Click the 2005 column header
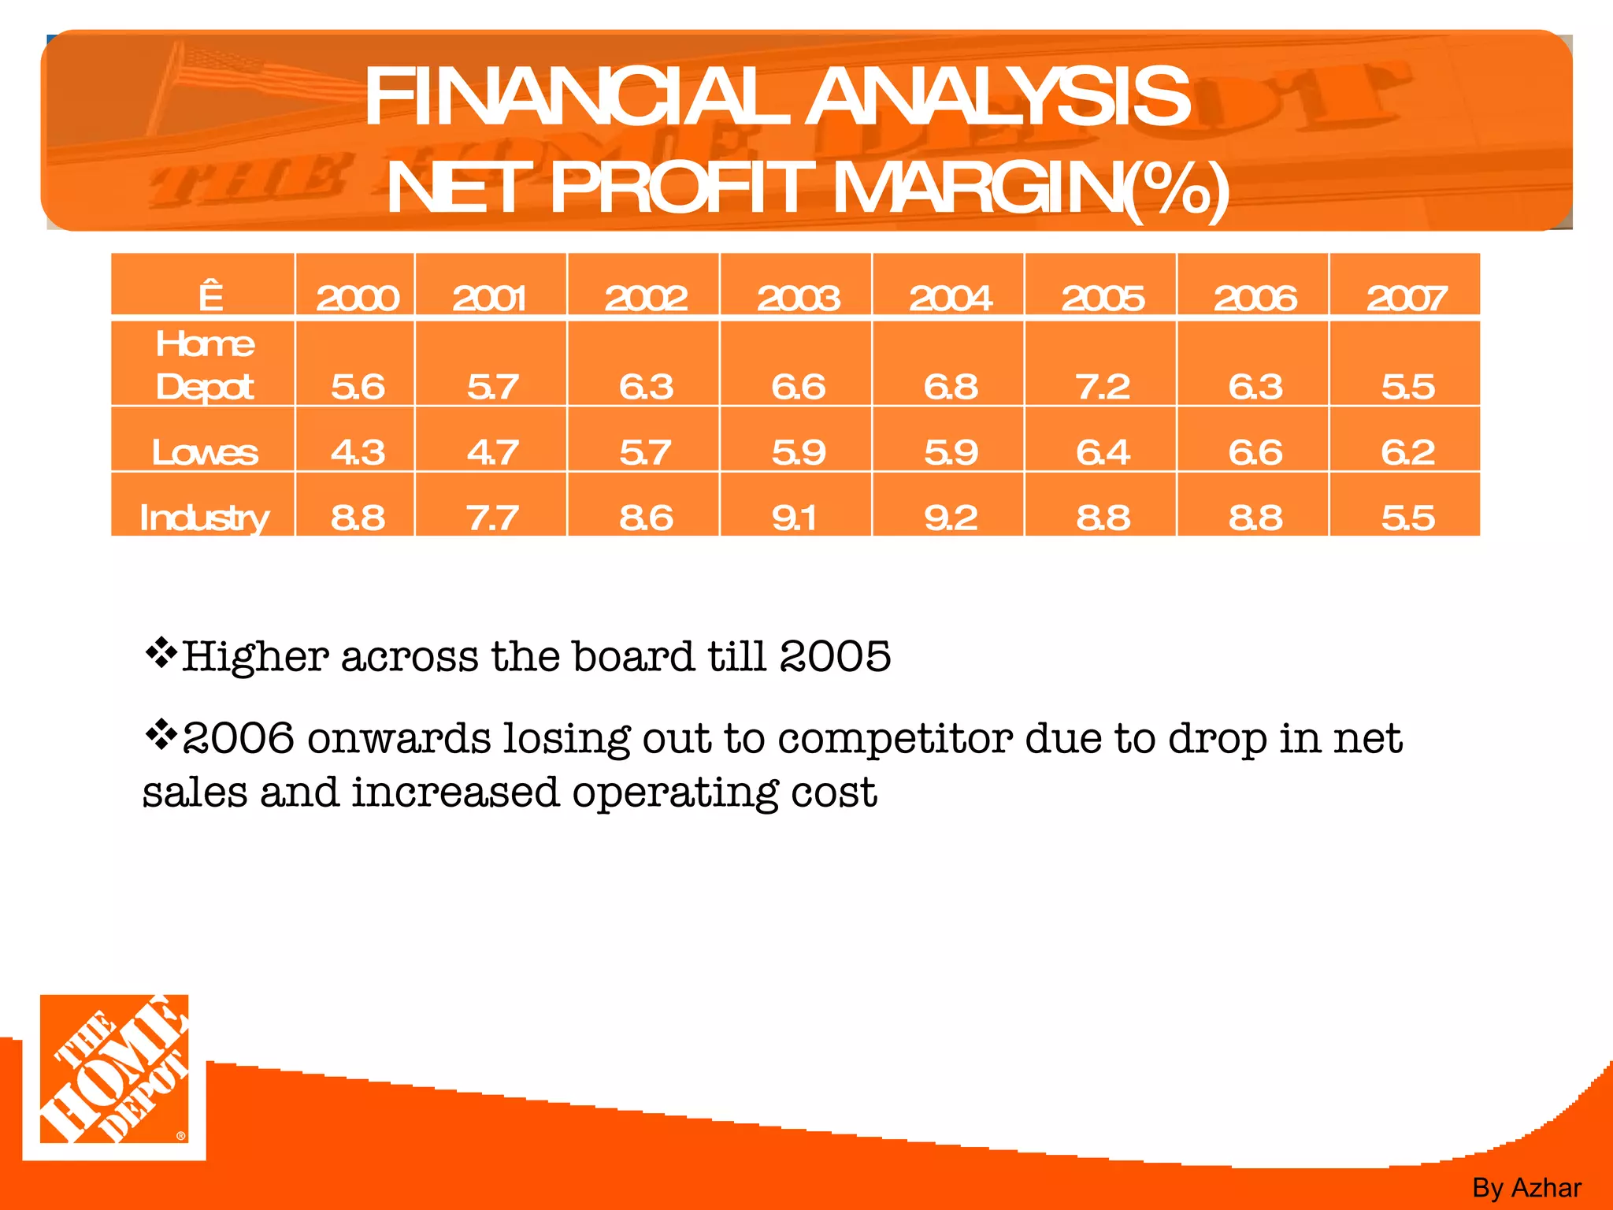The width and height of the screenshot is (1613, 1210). click(1103, 299)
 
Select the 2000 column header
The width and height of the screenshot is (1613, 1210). click(358, 299)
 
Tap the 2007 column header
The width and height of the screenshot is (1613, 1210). click(1407, 299)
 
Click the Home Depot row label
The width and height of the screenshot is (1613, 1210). click(205, 365)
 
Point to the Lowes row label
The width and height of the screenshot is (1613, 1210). click(205, 452)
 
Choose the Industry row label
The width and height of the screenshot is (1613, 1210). click(204, 518)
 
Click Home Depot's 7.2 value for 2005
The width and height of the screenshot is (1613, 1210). click(1103, 387)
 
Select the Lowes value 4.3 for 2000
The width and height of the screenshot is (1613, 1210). click(358, 452)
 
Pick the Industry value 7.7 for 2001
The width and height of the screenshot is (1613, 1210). click(492, 518)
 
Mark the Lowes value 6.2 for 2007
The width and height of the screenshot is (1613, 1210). click(1407, 452)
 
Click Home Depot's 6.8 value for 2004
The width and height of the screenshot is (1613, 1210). click(951, 387)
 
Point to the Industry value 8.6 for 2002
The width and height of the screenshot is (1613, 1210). click(646, 518)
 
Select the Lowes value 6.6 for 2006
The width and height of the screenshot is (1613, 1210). click(1255, 452)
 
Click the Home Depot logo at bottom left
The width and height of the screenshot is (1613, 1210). click(114, 1076)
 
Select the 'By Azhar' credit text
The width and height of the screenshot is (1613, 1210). click(1526, 1187)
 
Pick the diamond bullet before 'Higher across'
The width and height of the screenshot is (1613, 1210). click(161, 653)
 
